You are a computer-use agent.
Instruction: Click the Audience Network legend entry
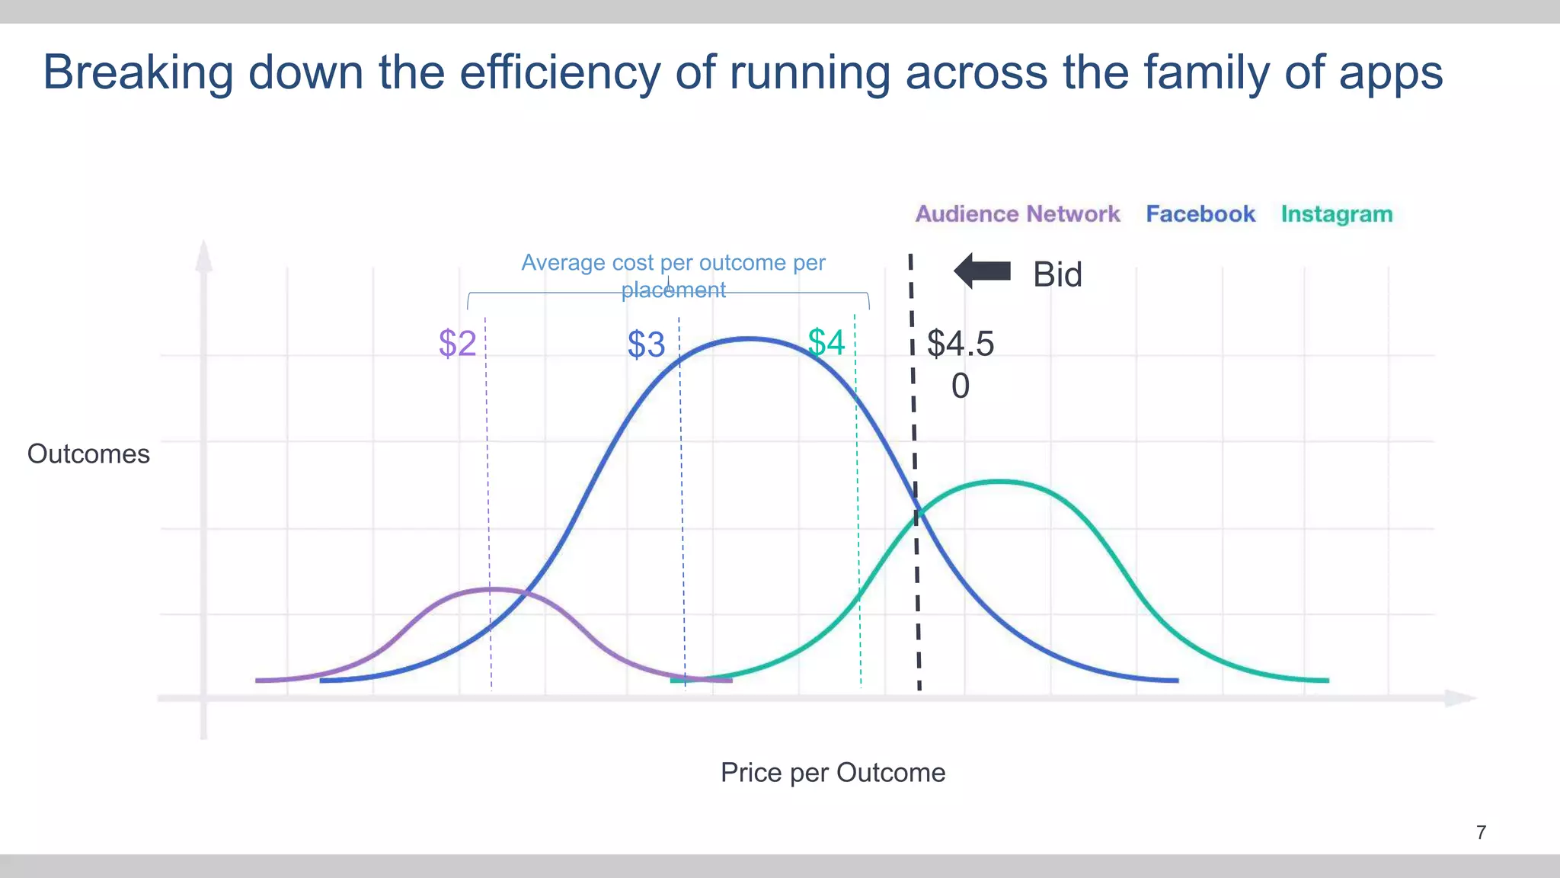1017,214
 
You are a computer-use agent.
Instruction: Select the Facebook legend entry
1200,214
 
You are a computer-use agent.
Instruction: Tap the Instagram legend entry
1336,214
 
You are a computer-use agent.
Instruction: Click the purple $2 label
457,344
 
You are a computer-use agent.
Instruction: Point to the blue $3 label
646,344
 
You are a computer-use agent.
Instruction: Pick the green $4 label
826,342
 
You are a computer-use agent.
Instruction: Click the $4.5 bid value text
960,344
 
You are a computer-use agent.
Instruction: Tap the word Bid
1057,274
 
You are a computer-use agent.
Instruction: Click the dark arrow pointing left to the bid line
982,271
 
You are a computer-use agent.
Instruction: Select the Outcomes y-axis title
88,454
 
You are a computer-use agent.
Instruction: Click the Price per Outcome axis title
833,773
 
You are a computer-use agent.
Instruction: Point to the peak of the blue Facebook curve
750,338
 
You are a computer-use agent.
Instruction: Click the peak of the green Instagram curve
999,481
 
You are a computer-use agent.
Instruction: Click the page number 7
1481,832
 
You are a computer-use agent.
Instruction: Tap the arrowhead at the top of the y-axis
203,255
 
